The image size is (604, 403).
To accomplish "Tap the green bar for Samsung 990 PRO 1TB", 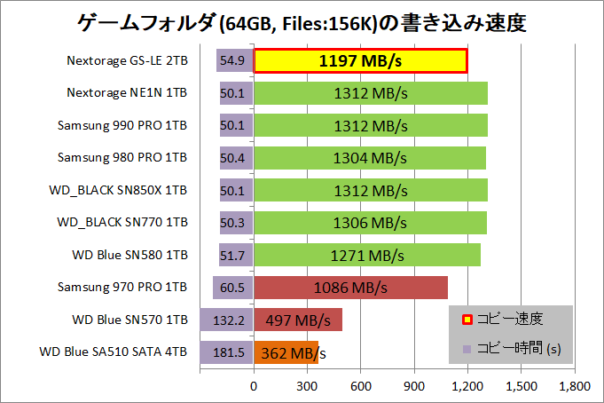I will coord(371,126).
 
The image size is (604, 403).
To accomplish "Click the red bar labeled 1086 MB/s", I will coord(350,288).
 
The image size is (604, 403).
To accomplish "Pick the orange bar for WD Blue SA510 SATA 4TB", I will coord(286,352).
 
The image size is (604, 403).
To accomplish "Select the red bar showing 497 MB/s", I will coord(298,320).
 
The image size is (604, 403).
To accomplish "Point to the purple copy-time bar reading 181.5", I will coord(227,352).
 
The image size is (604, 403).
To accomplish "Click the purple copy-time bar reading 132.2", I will coord(227,320).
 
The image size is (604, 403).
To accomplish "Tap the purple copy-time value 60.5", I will coord(233,288).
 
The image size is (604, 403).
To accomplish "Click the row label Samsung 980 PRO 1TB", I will coord(122,158).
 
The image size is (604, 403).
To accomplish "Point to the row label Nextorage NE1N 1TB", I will coord(127,93).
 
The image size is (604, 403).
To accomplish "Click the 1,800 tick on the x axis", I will coord(575,386).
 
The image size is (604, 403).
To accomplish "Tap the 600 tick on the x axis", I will coord(361,386).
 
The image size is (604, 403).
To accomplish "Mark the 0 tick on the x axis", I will coord(255,386).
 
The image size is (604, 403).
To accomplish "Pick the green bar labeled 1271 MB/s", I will coord(367,255).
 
